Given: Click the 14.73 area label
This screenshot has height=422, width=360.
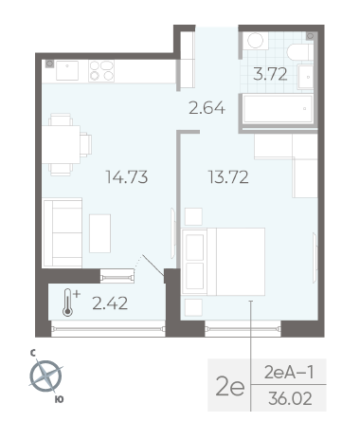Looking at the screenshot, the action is (127, 177).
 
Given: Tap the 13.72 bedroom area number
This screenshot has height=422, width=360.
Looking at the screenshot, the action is (228, 177).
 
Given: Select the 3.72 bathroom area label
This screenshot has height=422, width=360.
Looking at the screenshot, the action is (270, 74).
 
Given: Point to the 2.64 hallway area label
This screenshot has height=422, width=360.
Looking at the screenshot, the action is (207, 108).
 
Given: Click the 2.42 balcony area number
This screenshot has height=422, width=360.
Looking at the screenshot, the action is (110, 303).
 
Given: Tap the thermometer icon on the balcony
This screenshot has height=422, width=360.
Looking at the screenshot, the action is (69, 303).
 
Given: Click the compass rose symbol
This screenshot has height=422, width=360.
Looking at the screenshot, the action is (46, 376).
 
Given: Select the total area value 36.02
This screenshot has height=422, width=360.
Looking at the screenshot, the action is (290, 398).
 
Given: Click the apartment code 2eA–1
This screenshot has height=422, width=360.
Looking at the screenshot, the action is (289, 373).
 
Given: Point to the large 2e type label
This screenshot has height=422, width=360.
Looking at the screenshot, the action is (230, 387).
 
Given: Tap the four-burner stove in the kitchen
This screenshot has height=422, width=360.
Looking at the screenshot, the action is (101, 71).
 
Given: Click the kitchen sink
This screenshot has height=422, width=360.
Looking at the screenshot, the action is (67, 71).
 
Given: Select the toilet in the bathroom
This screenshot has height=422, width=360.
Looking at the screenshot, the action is (300, 52).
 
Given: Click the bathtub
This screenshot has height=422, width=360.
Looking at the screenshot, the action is (279, 109).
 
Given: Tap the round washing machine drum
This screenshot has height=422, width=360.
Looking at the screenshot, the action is (255, 41).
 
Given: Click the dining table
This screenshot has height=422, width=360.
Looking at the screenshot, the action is (61, 144).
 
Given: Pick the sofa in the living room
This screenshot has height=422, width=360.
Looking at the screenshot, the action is (63, 232).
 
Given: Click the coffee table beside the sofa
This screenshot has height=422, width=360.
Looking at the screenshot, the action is (99, 233).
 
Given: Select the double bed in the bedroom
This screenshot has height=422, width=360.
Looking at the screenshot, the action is (224, 262).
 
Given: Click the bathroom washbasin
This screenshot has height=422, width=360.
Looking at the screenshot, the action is (306, 77).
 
